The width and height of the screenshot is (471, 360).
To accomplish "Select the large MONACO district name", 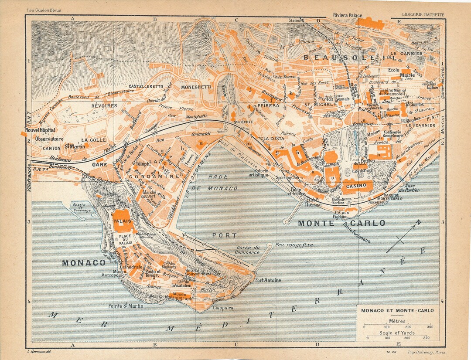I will (84, 263).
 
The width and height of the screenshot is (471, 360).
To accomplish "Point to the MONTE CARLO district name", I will (341, 223).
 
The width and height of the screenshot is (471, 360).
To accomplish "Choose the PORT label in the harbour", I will (224, 235).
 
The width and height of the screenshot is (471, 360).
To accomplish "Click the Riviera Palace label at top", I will (348, 15).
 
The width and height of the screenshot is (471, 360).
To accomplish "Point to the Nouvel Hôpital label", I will (41, 130).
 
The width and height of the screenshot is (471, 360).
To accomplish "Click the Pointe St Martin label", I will (126, 306).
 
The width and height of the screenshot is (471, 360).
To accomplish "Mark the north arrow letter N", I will (419, 222).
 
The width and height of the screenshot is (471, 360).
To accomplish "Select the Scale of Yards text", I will (397, 333).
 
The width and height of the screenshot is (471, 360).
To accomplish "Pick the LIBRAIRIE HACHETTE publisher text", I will (423, 14).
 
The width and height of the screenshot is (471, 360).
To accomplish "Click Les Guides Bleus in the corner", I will (44, 10).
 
